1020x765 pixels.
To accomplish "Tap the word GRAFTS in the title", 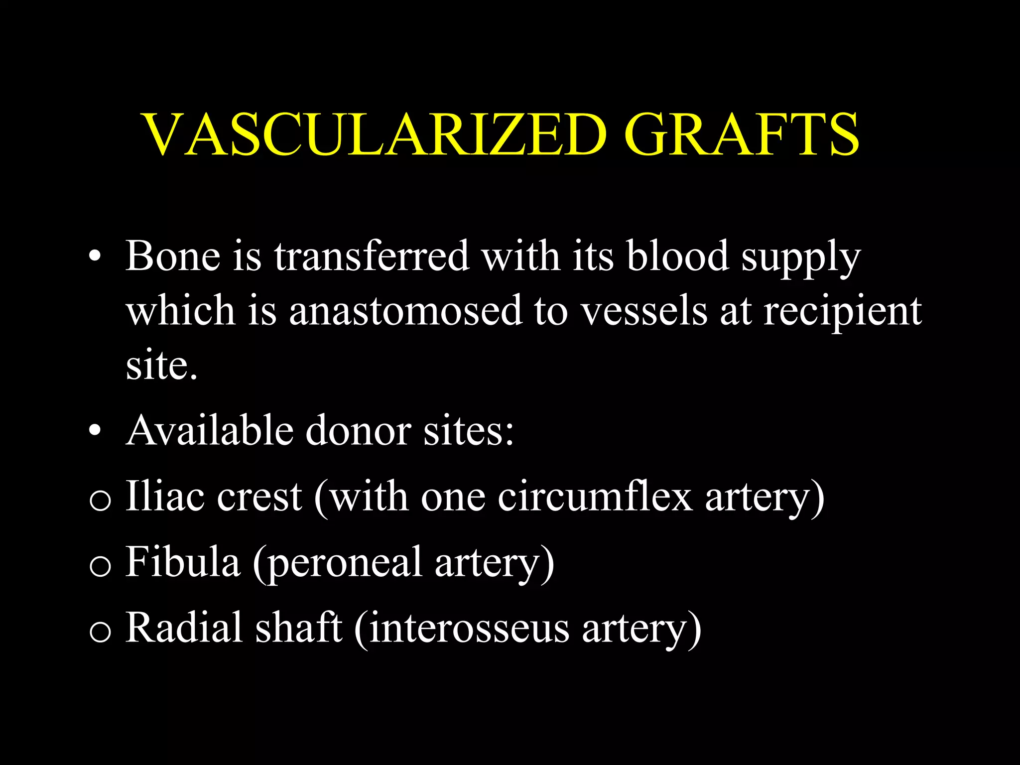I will [742, 134].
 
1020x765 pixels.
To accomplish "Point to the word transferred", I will [372, 256].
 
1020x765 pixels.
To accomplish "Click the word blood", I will [677, 256].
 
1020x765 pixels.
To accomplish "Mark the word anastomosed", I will [405, 311].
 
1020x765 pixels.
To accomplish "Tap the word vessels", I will [644, 311].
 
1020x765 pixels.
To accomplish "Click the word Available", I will [210, 430].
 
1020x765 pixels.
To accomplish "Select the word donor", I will [358, 430].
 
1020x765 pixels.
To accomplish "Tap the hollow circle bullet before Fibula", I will [100, 567].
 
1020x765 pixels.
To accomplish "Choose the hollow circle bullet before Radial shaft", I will [100, 633].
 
